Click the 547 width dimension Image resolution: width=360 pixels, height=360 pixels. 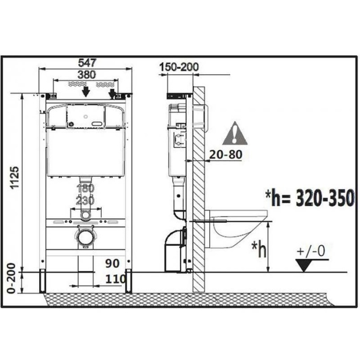87,63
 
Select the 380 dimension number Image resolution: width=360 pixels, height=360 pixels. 87,75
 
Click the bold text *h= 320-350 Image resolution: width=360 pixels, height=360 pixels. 310,197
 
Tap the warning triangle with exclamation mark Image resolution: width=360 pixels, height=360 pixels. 235,134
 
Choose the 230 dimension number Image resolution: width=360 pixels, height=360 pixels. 86,200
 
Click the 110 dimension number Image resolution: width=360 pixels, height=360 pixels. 115,279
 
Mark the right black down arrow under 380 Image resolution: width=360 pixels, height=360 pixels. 112,93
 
